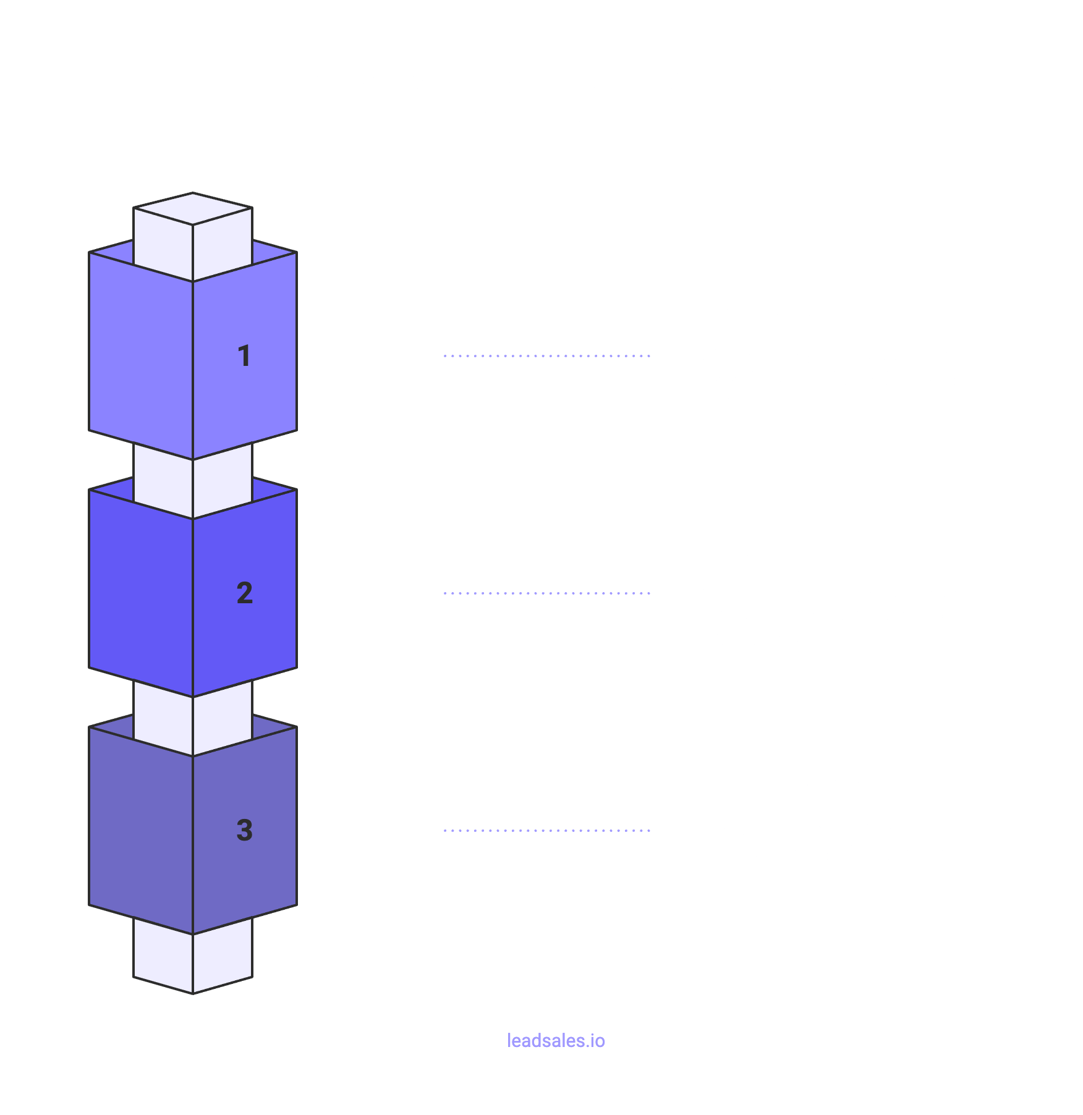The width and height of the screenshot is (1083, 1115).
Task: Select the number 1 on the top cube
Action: point(244,356)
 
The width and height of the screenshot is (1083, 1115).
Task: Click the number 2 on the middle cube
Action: point(245,593)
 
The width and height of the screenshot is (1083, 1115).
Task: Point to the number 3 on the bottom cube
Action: point(245,830)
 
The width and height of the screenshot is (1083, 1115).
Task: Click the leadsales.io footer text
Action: point(556,1041)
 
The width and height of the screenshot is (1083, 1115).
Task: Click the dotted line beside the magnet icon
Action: point(546,356)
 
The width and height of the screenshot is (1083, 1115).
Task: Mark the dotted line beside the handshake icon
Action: point(546,593)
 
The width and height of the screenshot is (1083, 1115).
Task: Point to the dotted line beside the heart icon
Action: point(546,831)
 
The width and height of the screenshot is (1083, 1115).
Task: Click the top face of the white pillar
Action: point(193,209)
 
